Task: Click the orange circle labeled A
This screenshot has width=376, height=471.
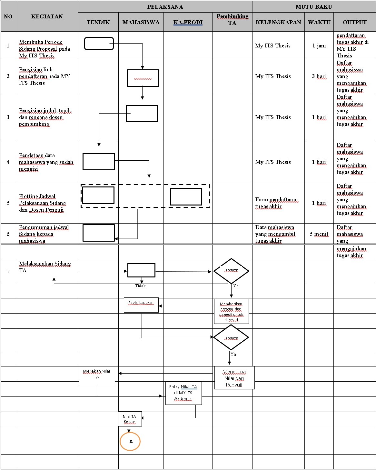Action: (x=130, y=441)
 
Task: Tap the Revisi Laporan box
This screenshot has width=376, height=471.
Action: (x=141, y=305)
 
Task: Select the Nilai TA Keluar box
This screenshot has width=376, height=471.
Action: (x=130, y=419)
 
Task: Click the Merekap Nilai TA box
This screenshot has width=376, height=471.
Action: (x=97, y=375)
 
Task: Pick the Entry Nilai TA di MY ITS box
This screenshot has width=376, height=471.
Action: (x=183, y=393)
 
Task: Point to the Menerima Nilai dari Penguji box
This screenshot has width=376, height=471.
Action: (x=234, y=378)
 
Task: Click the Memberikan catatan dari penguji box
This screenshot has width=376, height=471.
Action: (x=231, y=311)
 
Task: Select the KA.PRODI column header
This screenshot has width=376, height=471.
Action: (x=188, y=22)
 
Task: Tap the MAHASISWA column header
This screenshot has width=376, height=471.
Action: (x=141, y=22)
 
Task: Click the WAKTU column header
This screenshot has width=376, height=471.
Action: (x=319, y=22)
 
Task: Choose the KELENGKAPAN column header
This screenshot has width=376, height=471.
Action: (x=278, y=22)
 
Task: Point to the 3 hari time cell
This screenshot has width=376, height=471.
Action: (x=319, y=76)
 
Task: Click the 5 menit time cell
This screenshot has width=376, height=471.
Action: (x=319, y=234)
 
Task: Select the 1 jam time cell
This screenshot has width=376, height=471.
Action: (x=319, y=45)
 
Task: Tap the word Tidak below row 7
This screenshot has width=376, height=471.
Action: (x=140, y=286)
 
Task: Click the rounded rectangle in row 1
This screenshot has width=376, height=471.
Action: (x=99, y=44)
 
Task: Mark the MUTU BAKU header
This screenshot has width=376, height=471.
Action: (x=314, y=7)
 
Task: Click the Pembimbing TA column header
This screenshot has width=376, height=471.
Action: (x=232, y=20)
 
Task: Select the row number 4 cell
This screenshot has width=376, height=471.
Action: (x=8, y=162)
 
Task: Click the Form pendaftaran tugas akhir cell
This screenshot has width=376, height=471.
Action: (x=276, y=203)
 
